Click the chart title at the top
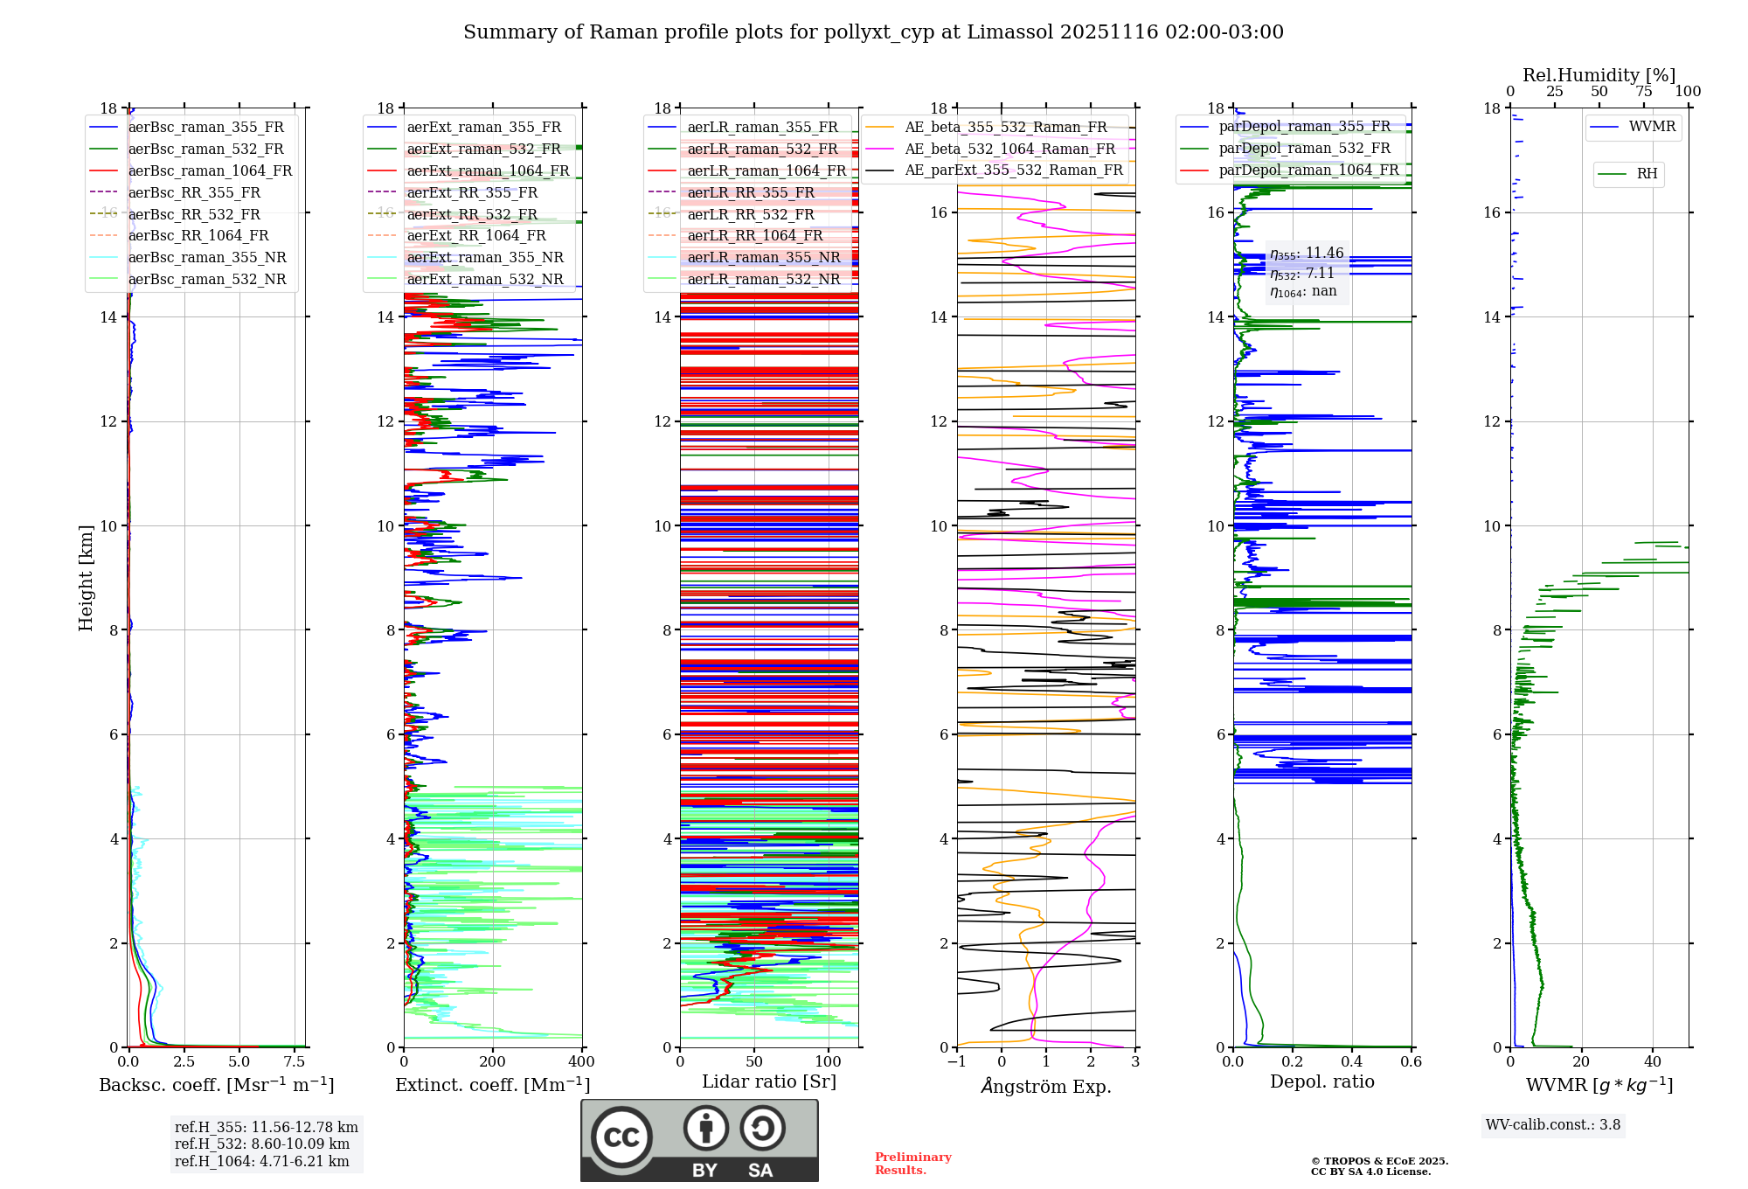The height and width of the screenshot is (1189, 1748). [873, 32]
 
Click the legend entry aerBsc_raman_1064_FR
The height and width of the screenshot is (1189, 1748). [210, 171]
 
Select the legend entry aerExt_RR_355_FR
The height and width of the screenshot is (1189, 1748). [472, 193]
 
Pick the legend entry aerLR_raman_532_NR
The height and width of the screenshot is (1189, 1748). [763, 280]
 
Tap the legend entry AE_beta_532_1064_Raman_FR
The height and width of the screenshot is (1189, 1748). [1009, 149]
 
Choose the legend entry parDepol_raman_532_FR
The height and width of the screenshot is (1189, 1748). [1304, 149]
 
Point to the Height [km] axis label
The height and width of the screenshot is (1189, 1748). [86, 578]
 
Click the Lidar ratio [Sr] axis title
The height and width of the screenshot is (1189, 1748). [769, 1082]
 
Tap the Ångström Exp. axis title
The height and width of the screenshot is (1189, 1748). [1046, 1087]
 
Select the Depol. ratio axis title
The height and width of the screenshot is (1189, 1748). [1321, 1082]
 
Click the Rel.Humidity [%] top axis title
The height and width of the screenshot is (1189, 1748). [1599, 75]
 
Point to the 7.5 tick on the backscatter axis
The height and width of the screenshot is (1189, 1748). [295, 1062]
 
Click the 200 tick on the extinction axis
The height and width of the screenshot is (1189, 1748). [492, 1062]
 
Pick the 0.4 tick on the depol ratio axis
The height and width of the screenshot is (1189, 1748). [1351, 1062]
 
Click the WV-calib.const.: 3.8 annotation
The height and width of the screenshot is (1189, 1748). [1553, 1125]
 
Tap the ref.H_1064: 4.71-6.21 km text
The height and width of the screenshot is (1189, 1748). [262, 1162]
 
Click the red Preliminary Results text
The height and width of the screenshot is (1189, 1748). [912, 1164]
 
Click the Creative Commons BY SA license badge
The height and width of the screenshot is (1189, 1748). [699, 1141]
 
